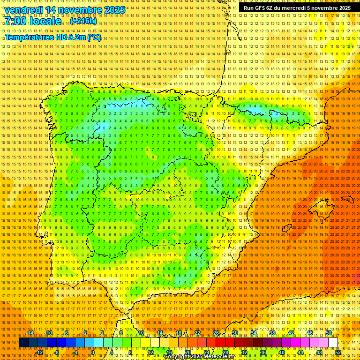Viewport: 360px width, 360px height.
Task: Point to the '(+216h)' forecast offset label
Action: [x=83, y=21]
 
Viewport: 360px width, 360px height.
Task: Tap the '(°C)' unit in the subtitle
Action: [x=94, y=37]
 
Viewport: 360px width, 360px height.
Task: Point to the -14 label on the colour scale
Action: [x=30, y=333]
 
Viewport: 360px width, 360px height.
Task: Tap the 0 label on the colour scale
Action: [x=93, y=352]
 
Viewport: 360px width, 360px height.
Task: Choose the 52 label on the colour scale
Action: [x=338, y=352]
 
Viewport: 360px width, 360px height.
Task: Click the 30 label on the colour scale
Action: [x=234, y=333]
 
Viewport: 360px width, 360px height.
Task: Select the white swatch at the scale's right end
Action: [x=333, y=343]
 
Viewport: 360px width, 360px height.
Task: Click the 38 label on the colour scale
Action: [x=272, y=333]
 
